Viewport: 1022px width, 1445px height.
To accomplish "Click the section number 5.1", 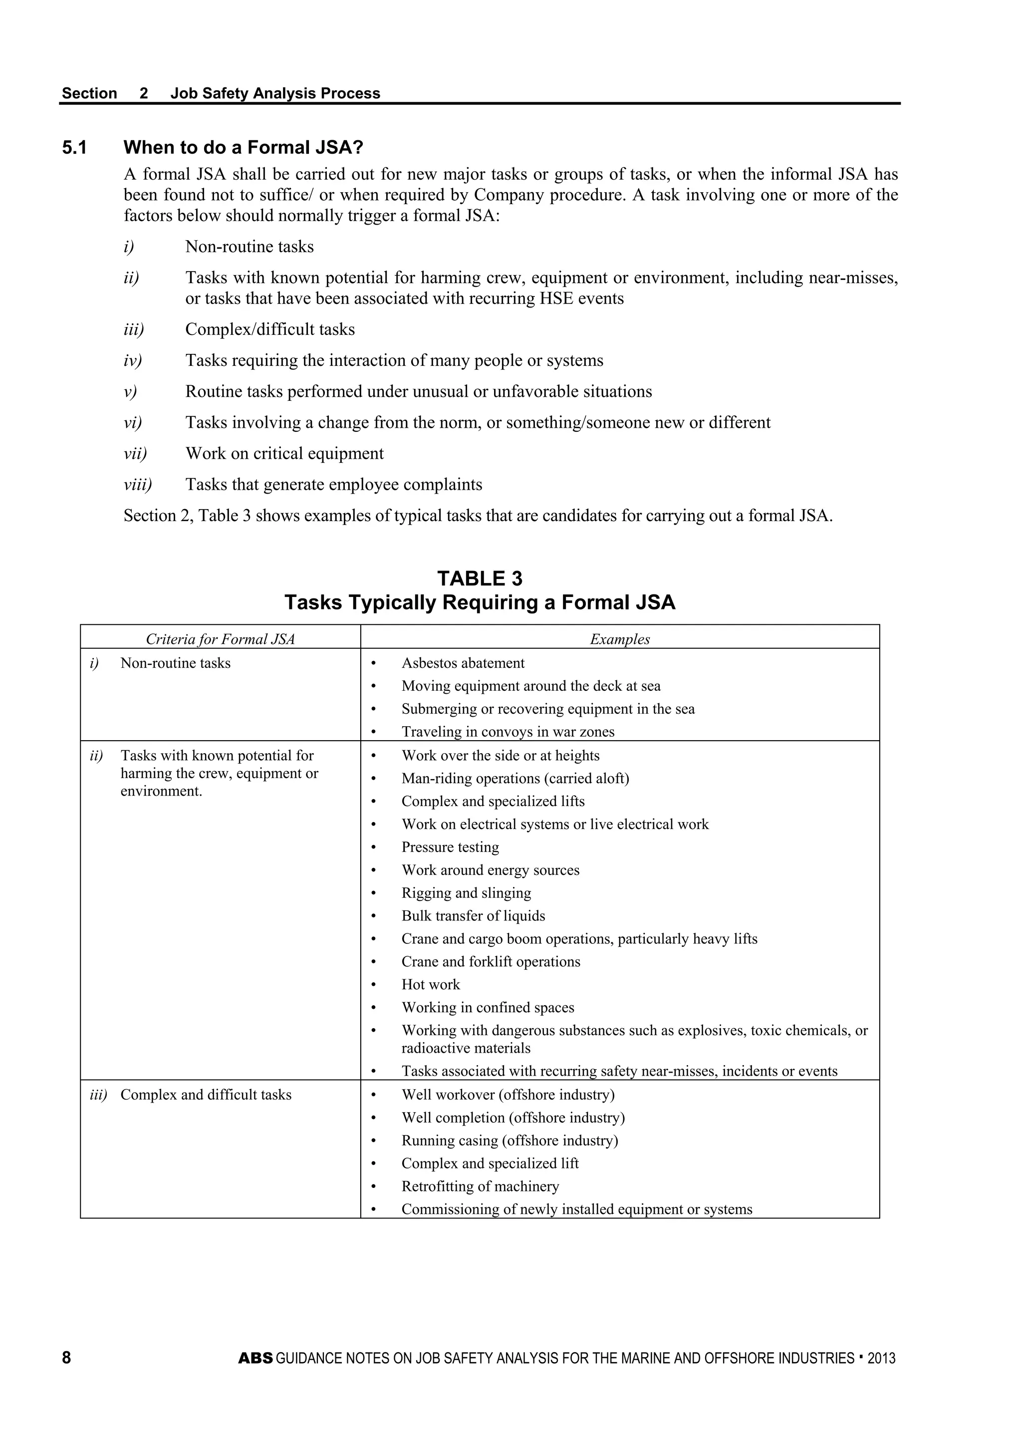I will (x=74, y=148).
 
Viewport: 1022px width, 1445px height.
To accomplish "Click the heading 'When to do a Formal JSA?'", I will (x=244, y=148).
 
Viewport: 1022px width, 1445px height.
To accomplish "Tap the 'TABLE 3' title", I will (x=480, y=578).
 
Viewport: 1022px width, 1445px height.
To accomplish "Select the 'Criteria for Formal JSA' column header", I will (x=220, y=639).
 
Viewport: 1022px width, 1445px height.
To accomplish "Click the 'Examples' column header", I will (x=620, y=639).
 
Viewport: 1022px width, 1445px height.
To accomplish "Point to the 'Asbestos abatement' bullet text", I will (x=463, y=663).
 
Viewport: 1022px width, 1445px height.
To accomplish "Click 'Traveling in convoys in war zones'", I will (x=508, y=732).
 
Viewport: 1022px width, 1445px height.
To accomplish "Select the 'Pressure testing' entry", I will (x=450, y=847).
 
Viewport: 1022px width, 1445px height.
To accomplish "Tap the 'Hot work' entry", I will (x=431, y=984).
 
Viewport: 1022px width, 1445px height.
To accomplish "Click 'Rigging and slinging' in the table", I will (x=466, y=893).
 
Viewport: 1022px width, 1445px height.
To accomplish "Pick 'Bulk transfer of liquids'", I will (x=473, y=916).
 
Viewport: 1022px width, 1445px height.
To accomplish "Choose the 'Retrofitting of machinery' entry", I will (x=480, y=1186).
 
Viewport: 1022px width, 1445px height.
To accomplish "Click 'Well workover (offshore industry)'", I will (x=508, y=1095).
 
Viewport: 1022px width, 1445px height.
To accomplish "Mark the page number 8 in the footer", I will (x=67, y=1358).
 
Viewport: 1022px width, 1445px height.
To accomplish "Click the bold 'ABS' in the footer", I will (x=255, y=1358).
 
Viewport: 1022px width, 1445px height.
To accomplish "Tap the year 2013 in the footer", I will (x=881, y=1358).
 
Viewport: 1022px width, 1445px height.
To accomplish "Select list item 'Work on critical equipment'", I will (x=284, y=454).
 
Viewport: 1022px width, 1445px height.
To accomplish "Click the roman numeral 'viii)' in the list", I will (x=138, y=485).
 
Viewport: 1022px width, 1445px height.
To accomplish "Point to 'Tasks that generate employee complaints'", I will (x=333, y=485).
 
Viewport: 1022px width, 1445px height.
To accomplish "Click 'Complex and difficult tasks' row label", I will (x=206, y=1095).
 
